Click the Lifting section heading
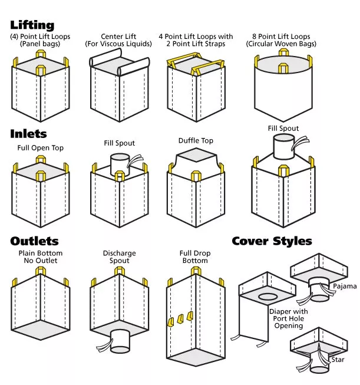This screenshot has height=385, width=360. [x=32, y=25]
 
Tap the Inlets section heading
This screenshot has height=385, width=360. [x=28, y=134]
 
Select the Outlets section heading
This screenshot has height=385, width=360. [x=34, y=241]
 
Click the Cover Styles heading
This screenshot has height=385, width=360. [x=272, y=241]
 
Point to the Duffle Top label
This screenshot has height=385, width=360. [x=196, y=141]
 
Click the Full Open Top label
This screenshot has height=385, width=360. [x=41, y=148]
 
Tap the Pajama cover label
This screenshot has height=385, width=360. [x=345, y=287]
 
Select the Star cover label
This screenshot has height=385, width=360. [x=338, y=360]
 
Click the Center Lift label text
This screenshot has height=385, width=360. [x=118, y=37]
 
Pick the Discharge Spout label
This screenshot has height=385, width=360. [x=119, y=257]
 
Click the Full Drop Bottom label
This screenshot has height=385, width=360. [x=195, y=257]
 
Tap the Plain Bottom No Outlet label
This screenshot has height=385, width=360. [x=41, y=257]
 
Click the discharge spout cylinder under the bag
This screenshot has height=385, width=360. [x=120, y=341]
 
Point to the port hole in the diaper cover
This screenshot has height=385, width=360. [x=268, y=297]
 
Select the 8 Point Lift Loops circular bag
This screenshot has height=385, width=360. [x=283, y=85]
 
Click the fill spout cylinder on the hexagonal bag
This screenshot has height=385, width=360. [x=283, y=147]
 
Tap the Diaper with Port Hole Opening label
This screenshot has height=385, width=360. [x=289, y=318]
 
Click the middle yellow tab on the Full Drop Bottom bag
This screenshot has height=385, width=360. [x=180, y=319]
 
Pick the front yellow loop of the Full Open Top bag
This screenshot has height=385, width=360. [x=41, y=176]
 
